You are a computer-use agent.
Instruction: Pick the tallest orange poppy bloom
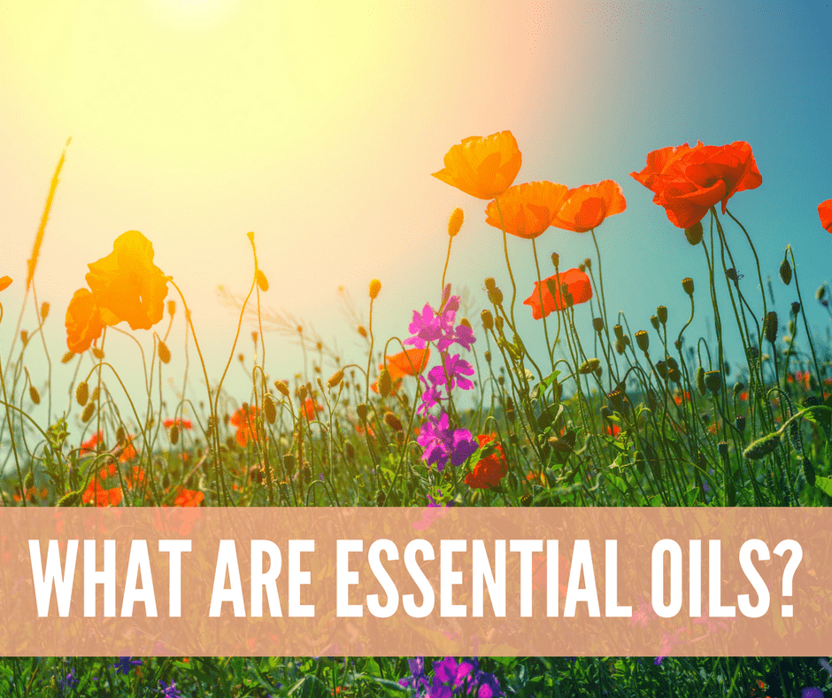tap(479, 165)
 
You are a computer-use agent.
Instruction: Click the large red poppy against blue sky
tap(697, 182)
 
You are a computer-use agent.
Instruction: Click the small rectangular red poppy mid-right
tap(559, 292)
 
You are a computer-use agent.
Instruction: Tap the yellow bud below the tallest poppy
tap(455, 221)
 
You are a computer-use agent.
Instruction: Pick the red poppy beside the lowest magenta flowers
tap(487, 462)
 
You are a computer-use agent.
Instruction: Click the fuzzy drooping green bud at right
tap(762, 446)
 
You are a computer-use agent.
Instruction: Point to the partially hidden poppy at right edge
tap(825, 215)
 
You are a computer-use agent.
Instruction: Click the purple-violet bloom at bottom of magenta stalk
tap(446, 442)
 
